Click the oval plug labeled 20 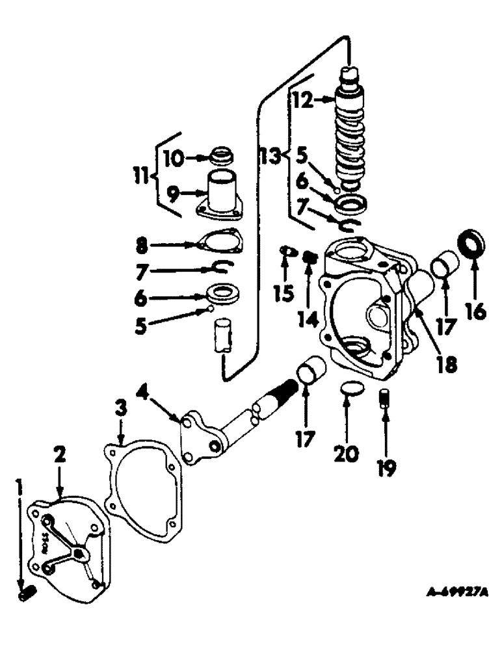click(x=351, y=390)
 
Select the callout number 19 click(x=387, y=465)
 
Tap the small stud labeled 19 click(x=384, y=396)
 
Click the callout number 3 click(x=120, y=413)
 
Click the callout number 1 click(x=21, y=484)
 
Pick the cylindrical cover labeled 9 click(x=220, y=190)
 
